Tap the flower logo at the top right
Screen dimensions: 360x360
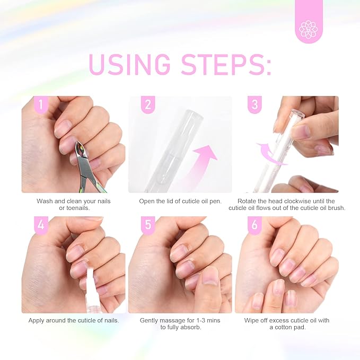pos(308,29)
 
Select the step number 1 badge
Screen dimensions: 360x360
pos(40,104)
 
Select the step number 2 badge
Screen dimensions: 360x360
pos(147,104)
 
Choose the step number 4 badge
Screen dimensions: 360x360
pos(40,225)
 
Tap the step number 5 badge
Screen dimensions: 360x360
pos(147,225)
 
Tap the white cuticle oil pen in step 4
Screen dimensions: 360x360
pos(87,284)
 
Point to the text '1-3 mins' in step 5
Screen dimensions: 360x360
pos(199,320)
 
